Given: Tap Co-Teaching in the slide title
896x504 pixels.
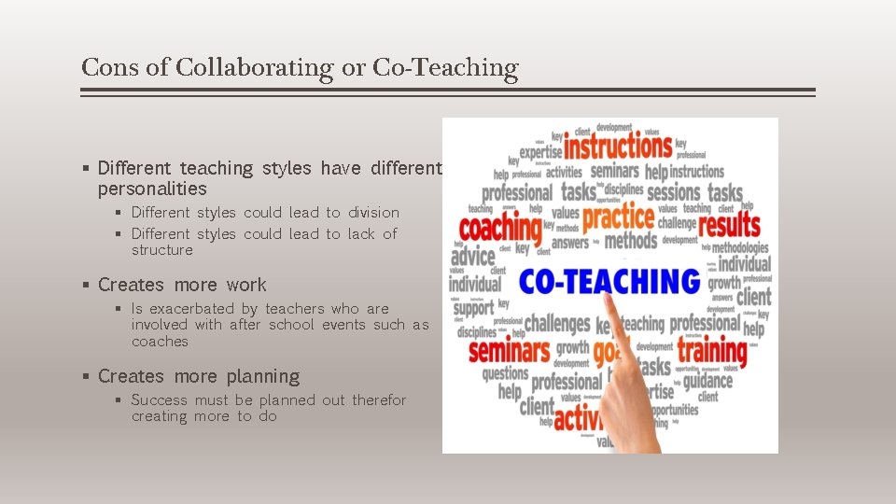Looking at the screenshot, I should click(x=444, y=67).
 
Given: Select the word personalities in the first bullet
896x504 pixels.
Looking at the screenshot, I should click(x=152, y=189).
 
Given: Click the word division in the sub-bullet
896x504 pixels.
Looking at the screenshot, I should click(x=373, y=213).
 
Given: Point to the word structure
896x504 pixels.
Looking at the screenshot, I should click(x=161, y=250).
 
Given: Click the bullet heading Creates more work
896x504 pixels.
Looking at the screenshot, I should click(x=182, y=285).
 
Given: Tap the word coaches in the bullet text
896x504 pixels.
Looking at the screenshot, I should click(x=160, y=342).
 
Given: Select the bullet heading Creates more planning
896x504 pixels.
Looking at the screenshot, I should click(x=199, y=376).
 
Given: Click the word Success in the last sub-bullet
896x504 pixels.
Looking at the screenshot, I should click(x=159, y=400).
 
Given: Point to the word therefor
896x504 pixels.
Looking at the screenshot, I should click(x=379, y=400).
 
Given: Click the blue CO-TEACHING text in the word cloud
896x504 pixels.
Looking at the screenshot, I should click(x=609, y=281).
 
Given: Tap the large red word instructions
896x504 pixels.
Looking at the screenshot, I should click(x=617, y=147).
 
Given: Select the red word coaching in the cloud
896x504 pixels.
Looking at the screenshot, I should click(x=499, y=228).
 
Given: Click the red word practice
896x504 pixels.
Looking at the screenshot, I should click(x=618, y=218).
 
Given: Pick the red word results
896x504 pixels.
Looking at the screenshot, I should click(x=729, y=226).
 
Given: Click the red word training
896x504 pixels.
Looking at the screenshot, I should click(x=711, y=351).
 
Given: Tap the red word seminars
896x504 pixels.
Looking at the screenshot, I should click(x=510, y=351).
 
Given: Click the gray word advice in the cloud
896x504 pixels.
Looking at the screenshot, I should click(x=472, y=256).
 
